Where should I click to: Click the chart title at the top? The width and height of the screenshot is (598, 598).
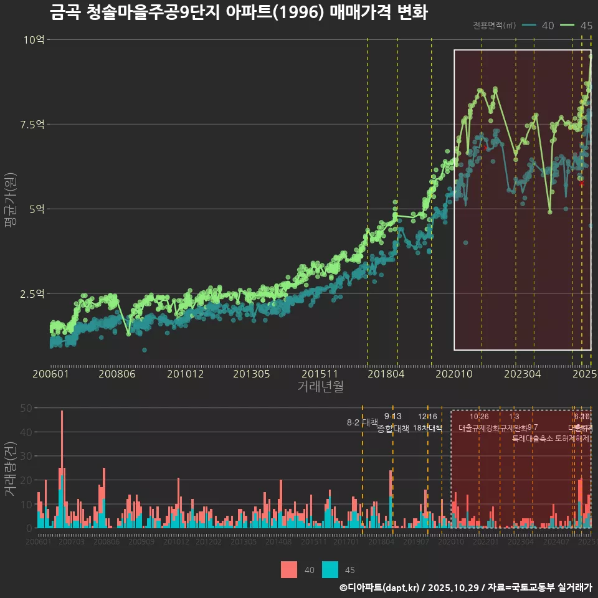coord(238,12)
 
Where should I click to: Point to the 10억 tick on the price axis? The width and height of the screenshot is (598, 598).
coord(34,40)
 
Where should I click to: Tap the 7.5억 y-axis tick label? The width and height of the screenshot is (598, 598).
coord(32,125)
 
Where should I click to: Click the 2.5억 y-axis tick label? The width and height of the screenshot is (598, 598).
coord(32,293)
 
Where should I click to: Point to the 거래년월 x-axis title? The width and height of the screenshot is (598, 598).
coord(320,387)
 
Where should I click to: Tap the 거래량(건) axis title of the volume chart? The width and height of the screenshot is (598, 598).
coord(11,468)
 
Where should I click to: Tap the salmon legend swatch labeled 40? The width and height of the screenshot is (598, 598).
coord(289,569)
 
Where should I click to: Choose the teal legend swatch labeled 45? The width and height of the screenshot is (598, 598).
coord(330,569)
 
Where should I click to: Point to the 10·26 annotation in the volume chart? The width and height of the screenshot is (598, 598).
coord(479,417)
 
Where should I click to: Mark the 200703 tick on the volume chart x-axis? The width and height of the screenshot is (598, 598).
coord(71,542)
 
